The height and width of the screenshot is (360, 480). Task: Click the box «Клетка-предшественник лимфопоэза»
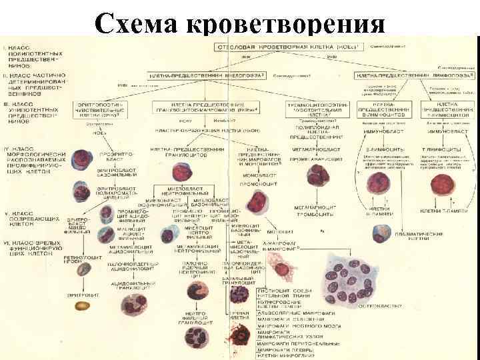click(405, 77)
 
